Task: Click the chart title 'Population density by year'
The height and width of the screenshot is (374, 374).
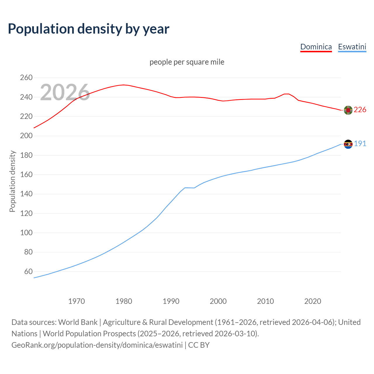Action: [89, 29]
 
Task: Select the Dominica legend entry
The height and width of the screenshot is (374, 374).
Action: [316, 47]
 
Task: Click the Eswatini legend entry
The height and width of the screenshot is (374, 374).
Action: [352, 47]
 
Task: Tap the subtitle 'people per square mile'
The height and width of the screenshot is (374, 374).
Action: [187, 62]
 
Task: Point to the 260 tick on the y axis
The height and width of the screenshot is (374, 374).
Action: [26, 78]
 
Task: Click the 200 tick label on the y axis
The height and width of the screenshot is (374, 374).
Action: [26, 136]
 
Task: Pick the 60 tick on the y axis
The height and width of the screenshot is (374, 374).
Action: [28, 271]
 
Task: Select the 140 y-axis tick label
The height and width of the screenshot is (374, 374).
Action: [26, 194]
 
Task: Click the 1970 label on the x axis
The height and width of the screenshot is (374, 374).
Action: [77, 301]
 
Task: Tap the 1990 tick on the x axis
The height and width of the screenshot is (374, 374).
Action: [171, 301]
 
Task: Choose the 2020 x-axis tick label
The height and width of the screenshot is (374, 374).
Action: [313, 301]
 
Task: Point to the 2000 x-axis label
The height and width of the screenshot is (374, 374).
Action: [218, 301]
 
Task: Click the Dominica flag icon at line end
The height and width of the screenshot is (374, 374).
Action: [348, 110]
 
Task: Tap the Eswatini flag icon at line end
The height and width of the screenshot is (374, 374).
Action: [348, 144]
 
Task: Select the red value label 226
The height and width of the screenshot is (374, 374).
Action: [360, 110]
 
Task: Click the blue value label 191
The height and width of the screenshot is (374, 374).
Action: [360, 143]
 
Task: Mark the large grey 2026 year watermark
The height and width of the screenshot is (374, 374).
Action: [65, 92]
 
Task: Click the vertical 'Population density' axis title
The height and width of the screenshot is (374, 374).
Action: [12, 181]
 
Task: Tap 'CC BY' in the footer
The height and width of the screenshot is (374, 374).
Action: [199, 345]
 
